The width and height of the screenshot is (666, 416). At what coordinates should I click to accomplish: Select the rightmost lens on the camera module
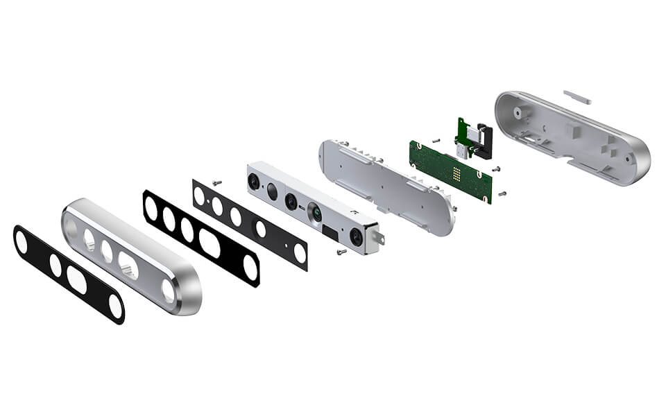(356, 236)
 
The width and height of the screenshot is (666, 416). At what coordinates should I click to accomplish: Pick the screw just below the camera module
(341, 252)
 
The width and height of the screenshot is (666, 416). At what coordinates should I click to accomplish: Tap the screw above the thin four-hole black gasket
(216, 182)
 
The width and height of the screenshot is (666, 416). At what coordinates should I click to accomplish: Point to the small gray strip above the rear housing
(577, 96)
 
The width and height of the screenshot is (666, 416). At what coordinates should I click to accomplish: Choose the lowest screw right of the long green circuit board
(502, 193)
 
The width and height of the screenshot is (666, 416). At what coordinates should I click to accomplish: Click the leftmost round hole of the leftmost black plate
(22, 241)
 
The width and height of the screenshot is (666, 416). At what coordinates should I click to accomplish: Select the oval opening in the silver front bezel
(128, 263)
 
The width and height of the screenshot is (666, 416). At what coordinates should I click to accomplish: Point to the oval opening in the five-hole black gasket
(210, 243)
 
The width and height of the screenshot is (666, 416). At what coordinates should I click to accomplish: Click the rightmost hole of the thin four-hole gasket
(300, 253)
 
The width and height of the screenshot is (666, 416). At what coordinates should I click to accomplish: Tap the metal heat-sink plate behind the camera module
(388, 184)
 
